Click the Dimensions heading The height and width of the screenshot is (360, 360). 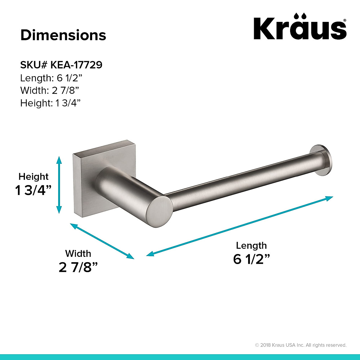point(63,35)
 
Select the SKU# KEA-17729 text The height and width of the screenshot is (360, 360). point(61,65)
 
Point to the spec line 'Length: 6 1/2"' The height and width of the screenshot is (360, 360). point(51,78)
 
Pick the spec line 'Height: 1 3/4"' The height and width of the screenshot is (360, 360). point(51,103)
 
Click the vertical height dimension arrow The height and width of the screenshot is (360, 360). point(59,184)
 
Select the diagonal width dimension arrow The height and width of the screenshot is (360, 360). point(102,241)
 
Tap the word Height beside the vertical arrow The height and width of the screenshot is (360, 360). point(34,176)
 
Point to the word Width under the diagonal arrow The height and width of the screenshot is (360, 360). point(78,253)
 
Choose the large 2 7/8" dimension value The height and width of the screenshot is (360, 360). point(79,267)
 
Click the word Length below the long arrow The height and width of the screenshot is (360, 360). point(251,245)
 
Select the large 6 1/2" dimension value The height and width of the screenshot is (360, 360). point(251,259)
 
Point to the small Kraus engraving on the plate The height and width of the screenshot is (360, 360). point(108,157)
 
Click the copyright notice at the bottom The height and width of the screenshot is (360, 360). point(301,345)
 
